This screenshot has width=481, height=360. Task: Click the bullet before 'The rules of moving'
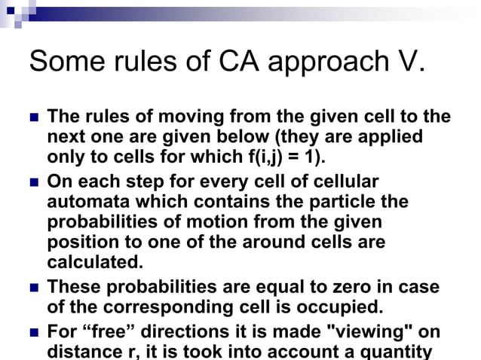tap(33, 119)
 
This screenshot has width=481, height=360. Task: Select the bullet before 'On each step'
tap(33, 183)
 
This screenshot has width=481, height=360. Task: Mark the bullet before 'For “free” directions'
tap(33, 332)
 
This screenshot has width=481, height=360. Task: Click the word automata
tap(87, 203)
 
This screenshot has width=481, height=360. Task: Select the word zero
tap(359, 288)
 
